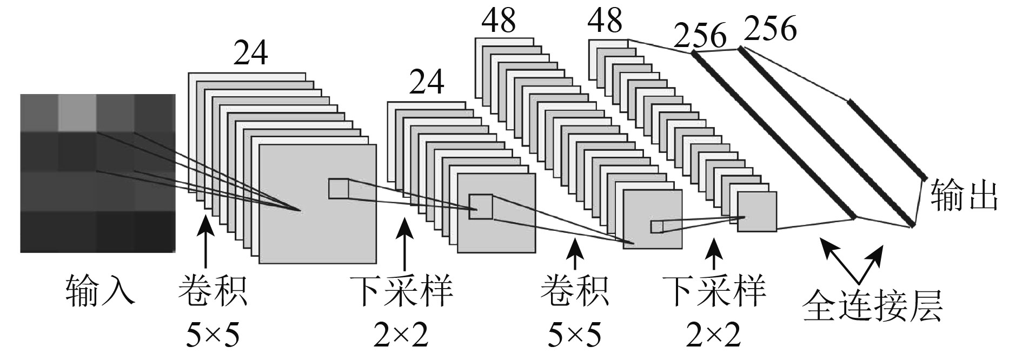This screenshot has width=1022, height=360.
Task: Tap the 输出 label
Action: [x=963, y=196]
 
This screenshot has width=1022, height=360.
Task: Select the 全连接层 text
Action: [x=873, y=306]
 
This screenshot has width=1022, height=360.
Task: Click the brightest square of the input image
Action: [x=77, y=112]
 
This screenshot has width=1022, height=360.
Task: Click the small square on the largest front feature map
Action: [x=339, y=188]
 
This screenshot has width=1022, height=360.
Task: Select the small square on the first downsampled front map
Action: [x=480, y=206]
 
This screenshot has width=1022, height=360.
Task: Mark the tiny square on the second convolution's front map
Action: [x=656, y=226]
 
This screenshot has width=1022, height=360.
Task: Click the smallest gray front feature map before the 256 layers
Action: [x=757, y=212]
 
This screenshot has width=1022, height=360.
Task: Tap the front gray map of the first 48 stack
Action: [x=652, y=219]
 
